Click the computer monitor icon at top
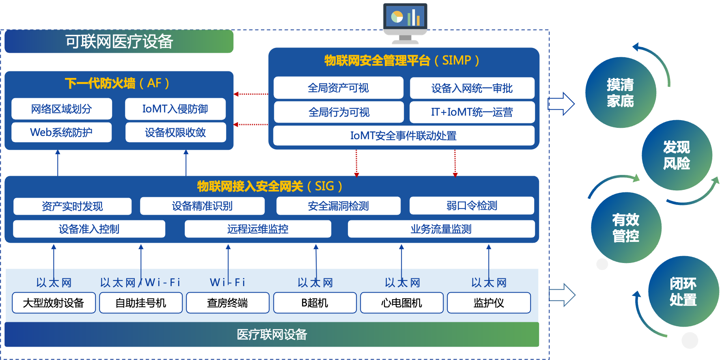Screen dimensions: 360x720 [405, 23]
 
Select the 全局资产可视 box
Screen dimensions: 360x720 [338, 88]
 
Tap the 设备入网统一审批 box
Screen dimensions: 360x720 [472, 88]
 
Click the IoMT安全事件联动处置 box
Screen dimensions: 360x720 [403, 136]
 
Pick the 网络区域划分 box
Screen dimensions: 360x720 [62, 109]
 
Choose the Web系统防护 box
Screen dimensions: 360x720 [62, 132]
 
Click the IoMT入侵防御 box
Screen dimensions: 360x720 [175, 109]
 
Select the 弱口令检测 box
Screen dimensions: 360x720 [472, 206]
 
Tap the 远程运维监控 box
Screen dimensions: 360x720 [258, 229]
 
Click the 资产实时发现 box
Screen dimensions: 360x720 [72, 206]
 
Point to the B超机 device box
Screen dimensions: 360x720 [315, 303]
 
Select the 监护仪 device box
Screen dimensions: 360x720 [489, 303]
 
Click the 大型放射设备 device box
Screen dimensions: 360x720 [54, 303]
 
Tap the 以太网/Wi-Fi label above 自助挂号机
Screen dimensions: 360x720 [140, 282]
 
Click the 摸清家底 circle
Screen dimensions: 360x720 [620, 93]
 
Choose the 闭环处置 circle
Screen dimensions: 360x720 [683, 291]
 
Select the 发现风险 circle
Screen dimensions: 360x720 [677, 155]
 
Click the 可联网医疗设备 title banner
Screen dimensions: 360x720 [119, 41]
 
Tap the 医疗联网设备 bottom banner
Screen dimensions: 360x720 [272, 334]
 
